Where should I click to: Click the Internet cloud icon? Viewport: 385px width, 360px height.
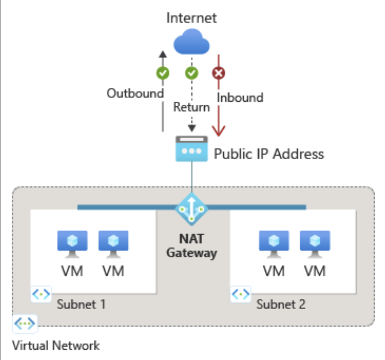pyautogui.click(x=191, y=43)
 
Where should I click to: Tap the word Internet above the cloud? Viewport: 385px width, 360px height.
pyautogui.click(x=191, y=18)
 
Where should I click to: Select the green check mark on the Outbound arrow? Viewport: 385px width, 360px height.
pyautogui.click(x=163, y=74)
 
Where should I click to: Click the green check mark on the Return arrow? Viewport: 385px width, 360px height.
pyautogui.click(x=191, y=74)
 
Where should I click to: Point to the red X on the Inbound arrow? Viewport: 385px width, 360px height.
pyautogui.click(x=219, y=74)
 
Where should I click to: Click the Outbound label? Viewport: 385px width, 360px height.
pyautogui.click(x=135, y=93)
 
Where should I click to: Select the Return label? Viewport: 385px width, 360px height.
pyautogui.click(x=191, y=107)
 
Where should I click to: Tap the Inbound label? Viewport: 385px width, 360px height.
pyautogui.click(x=240, y=97)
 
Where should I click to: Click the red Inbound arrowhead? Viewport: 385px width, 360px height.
pyautogui.click(x=219, y=129)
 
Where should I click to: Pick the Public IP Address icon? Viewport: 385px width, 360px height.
pyautogui.click(x=191, y=149)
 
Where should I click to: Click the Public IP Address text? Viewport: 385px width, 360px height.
pyautogui.click(x=269, y=154)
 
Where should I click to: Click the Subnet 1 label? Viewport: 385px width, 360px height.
pyautogui.click(x=81, y=304)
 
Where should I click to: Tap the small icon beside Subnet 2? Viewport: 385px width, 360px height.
pyautogui.click(x=240, y=295)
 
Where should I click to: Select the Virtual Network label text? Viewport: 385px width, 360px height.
pyautogui.click(x=56, y=345)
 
